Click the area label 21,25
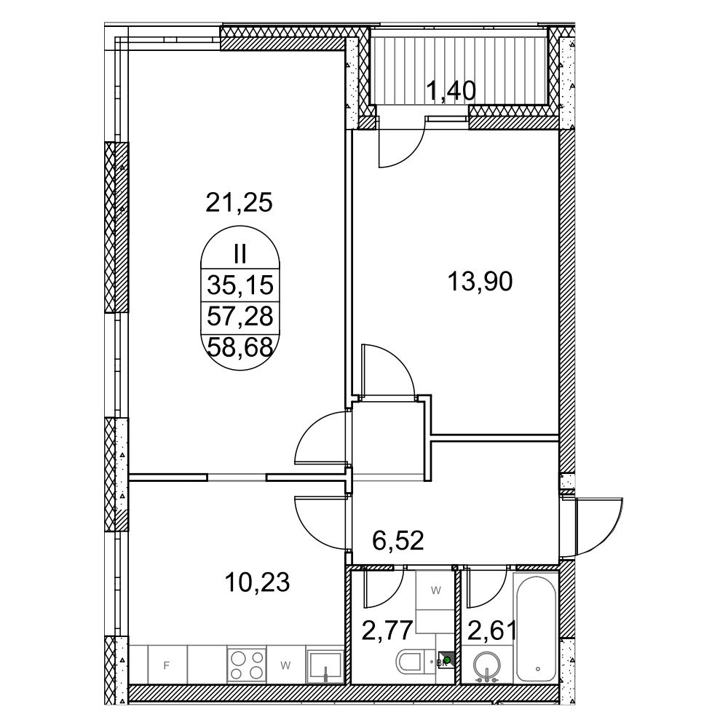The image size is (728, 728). pos(239,203)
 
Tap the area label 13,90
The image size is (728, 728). pos(480,282)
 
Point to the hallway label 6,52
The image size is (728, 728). pos(398,541)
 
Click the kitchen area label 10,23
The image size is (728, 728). pos(257,582)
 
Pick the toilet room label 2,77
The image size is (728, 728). pos(387,630)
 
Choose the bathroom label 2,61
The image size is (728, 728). pos(491,630)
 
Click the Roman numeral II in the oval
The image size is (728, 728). pos(240,256)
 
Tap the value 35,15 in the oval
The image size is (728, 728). pos(240,285)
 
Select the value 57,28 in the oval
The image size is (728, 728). pos(240,317)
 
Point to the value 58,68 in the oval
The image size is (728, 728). pos(240,347)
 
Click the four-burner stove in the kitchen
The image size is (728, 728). pos(247,665)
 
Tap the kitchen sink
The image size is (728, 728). pos(326,665)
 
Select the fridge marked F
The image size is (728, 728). pos(167,665)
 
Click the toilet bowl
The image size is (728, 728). pos(411,661)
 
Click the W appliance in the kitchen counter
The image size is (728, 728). pos(286,665)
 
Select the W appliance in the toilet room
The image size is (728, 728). pos(435,590)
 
